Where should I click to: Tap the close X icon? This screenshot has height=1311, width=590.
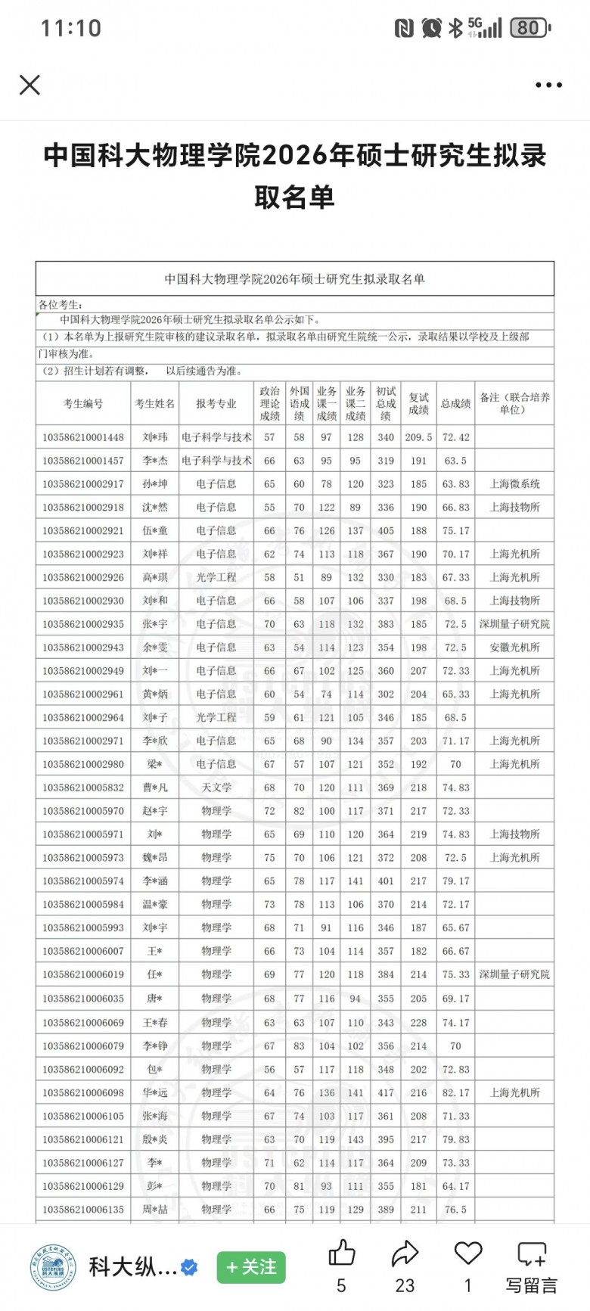(29, 85)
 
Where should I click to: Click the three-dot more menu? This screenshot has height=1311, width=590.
(548, 85)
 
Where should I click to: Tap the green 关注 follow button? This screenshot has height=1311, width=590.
(251, 1266)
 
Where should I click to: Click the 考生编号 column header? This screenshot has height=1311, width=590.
(83, 403)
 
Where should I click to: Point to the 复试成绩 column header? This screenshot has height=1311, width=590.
(418, 403)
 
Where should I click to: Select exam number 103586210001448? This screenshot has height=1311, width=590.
(83, 437)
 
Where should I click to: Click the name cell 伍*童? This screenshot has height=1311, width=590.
(155, 530)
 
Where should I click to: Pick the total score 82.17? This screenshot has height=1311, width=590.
(455, 1092)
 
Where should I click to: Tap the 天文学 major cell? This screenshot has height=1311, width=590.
(216, 788)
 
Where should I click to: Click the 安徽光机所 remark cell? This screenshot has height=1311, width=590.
(514, 648)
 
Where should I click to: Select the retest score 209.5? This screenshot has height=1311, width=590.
(418, 437)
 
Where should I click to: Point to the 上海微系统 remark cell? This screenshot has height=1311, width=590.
(514, 484)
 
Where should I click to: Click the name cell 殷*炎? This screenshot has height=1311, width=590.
(155, 1139)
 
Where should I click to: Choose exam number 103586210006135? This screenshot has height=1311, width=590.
(83, 1210)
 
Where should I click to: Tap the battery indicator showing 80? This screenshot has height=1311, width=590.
(529, 29)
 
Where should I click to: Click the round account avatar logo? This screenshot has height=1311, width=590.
(53, 1266)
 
